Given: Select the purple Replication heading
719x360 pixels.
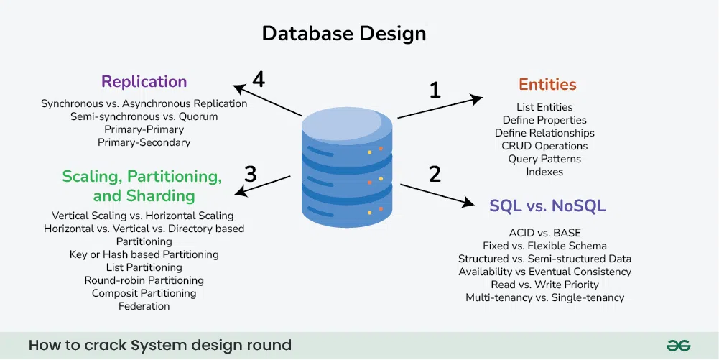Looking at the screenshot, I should [x=144, y=81].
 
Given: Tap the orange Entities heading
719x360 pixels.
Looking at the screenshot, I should [x=547, y=85].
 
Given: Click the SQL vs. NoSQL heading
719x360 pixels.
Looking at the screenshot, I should [x=547, y=206].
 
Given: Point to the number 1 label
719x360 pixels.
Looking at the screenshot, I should [x=435, y=90].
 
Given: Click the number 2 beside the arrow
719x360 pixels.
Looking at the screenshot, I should [x=435, y=174].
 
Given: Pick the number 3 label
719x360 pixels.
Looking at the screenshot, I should [x=251, y=174].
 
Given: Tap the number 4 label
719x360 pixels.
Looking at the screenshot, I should [x=259, y=79].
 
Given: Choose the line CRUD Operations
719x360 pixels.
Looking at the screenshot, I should [x=544, y=146].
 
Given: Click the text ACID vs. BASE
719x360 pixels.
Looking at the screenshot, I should [x=544, y=233].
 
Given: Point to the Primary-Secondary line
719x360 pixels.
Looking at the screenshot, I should [x=144, y=142].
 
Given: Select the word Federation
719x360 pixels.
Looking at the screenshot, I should [x=144, y=306].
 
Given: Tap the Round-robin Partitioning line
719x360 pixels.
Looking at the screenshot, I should [x=144, y=280].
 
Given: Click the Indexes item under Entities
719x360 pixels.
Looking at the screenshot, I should [x=544, y=172].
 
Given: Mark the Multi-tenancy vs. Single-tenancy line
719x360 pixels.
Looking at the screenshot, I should [x=544, y=297].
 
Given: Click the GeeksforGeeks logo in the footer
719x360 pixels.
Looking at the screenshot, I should [x=677, y=346].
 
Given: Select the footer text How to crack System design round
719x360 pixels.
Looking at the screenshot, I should [x=160, y=346].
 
